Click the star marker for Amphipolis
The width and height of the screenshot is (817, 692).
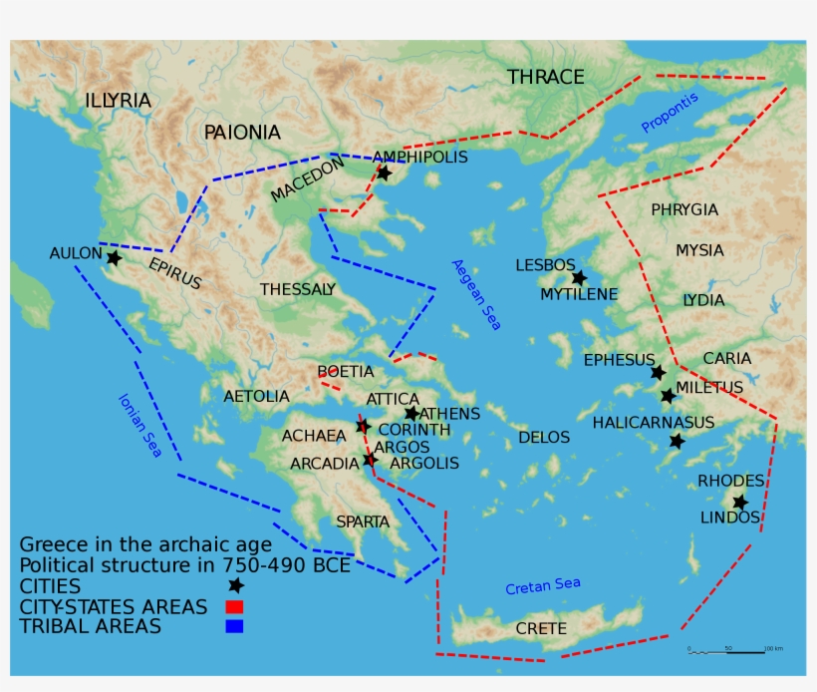(x=385, y=173)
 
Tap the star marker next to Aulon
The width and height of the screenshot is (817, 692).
(x=114, y=258)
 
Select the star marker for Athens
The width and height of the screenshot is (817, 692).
(x=411, y=413)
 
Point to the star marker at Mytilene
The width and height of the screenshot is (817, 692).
(x=578, y=278)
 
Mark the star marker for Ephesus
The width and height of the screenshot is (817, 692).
(x=658, y=372)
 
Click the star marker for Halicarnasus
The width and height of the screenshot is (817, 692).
(x=677, y=441)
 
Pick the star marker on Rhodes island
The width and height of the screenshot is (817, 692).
(x=739, y=502)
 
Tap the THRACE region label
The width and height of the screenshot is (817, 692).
(x=545, y=77)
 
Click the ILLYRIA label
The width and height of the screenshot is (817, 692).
(x=118, y=101)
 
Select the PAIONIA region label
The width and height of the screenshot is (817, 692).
(x=242, y=133)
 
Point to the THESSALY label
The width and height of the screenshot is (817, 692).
(x=297, y=289)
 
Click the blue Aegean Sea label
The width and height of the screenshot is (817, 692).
(x=477, y=295)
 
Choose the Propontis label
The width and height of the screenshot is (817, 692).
(x=670, y=112)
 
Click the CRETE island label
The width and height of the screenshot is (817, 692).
(x=541, y=628)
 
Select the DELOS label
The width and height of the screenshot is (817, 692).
(x=544, y=437)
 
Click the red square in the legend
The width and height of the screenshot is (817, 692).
(x=234, y=606)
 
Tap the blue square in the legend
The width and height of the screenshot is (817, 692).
(x=234, y=626)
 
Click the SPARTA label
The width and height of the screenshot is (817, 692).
(x=363, y=521)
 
